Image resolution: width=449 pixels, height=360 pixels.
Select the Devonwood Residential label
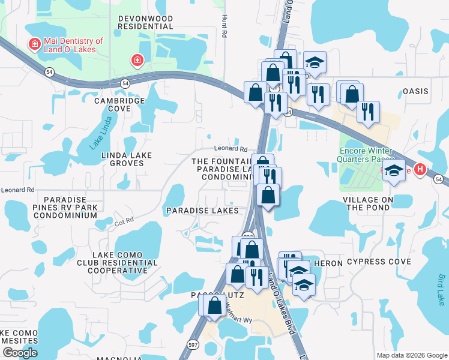145,23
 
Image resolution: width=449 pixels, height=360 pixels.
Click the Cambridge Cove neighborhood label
119,104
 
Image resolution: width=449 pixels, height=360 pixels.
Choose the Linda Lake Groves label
126,160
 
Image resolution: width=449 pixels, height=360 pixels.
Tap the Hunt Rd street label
224,26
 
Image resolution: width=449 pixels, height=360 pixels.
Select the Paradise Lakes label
202,211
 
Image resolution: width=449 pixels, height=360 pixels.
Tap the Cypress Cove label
379,262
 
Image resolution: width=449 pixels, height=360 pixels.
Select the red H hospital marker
421,170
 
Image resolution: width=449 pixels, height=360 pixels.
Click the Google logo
20,352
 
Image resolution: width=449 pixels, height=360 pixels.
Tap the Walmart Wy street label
238,320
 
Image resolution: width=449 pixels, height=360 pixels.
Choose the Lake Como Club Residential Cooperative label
117,263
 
